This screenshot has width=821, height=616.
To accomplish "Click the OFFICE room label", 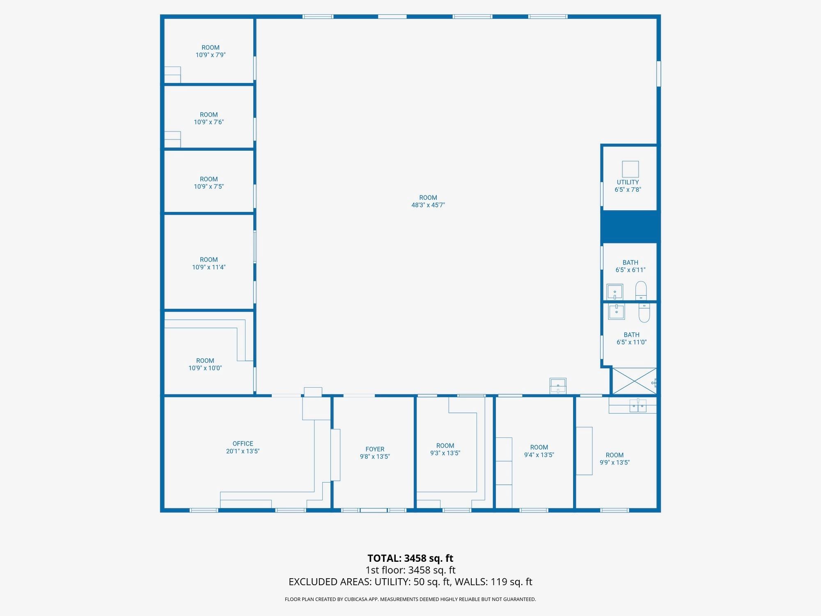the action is pos(243,444).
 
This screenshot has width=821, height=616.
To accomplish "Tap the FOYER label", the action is pos(375,449).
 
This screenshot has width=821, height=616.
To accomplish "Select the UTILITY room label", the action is pos(628,182).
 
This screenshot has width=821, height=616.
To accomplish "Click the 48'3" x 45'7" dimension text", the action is pos(428,205).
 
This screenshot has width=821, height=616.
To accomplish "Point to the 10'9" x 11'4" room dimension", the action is pos(209,267).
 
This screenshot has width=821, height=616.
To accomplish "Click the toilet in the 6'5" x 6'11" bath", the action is pos(641,290).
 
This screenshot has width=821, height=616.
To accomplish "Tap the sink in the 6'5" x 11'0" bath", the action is pos(616,312).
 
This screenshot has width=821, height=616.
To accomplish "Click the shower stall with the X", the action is pos(634,381).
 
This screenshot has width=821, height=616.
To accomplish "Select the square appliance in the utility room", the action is pos(631,169).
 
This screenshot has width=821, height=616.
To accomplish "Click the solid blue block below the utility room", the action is pos(630,226).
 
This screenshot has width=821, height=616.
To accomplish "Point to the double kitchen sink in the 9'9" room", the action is pos(638,406).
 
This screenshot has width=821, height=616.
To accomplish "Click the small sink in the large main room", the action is pos(558,386).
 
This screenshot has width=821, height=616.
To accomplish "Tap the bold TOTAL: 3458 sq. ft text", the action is pos(410,559).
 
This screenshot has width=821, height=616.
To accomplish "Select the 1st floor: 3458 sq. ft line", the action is pos(410,570).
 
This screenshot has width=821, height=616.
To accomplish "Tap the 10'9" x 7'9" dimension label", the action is pos(211,55).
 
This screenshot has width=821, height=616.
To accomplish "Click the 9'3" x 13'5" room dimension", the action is pos(445,453).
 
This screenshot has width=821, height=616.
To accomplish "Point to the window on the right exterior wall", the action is pos(658,74).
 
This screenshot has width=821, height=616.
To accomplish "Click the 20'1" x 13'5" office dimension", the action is pos(243,451).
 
